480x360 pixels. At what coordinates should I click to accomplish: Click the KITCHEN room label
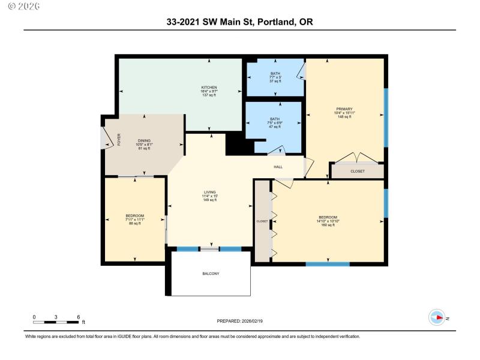(209, 88)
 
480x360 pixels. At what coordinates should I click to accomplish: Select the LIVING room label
(209, 192)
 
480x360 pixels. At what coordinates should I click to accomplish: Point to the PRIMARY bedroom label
(344, 109)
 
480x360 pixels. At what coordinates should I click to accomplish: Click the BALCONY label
(210, 274)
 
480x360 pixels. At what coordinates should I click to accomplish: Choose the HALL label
(278, 167)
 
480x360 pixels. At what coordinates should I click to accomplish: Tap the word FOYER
(119, 140)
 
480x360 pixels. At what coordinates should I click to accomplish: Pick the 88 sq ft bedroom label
(134, 216)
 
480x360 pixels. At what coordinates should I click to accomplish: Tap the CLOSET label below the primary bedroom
(358, 172)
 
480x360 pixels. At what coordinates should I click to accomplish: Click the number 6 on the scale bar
(78, 316)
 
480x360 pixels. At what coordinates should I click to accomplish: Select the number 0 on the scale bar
(34, 316)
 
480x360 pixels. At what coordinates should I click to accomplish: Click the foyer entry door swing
(107, 139)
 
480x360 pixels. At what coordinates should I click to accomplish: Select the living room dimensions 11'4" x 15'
(209, 196)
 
